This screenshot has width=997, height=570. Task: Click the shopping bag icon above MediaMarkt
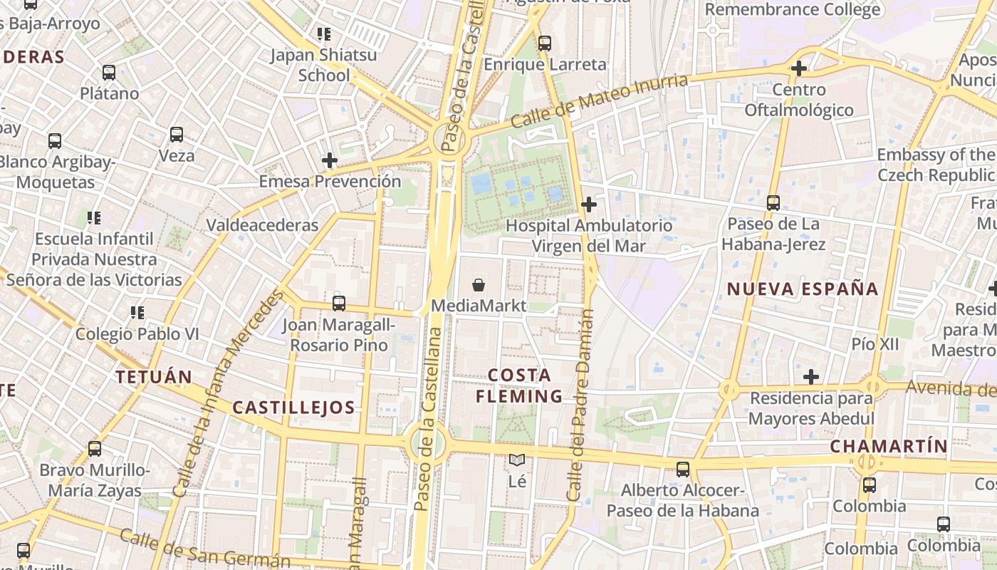tap(479, 285)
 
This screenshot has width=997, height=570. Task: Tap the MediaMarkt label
tap(479, 306)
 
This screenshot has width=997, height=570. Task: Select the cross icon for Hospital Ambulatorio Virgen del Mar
tap(588, 205)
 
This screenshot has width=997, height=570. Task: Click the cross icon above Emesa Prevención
tap(329, 160)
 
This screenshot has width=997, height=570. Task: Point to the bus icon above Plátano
tap(109, 73)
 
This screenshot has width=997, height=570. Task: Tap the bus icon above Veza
tap(176, 134)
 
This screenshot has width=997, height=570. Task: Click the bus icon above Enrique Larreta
tap(545, 43)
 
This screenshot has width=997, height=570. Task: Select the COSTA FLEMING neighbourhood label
tap(520, 385)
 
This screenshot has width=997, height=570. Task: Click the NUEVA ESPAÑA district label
tap(803, 289)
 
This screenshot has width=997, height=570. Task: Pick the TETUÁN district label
tap(154, 377)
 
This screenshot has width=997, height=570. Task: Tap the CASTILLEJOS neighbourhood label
tap(293, 408)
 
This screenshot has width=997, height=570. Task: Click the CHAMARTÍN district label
tap(889, 447)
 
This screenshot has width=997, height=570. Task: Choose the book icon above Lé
tap(517, 461)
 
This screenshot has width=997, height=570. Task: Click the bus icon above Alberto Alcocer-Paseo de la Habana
tap(683, 470)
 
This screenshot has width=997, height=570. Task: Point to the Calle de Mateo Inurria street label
tap(600, 102)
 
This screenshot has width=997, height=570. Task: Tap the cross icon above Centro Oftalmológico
tap(798, 69)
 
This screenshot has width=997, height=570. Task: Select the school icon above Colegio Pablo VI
tap(137, 312)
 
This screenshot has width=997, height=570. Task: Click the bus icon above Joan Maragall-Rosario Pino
tap(339, 304)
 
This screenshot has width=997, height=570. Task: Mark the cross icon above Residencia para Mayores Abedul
tap(810, 377)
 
